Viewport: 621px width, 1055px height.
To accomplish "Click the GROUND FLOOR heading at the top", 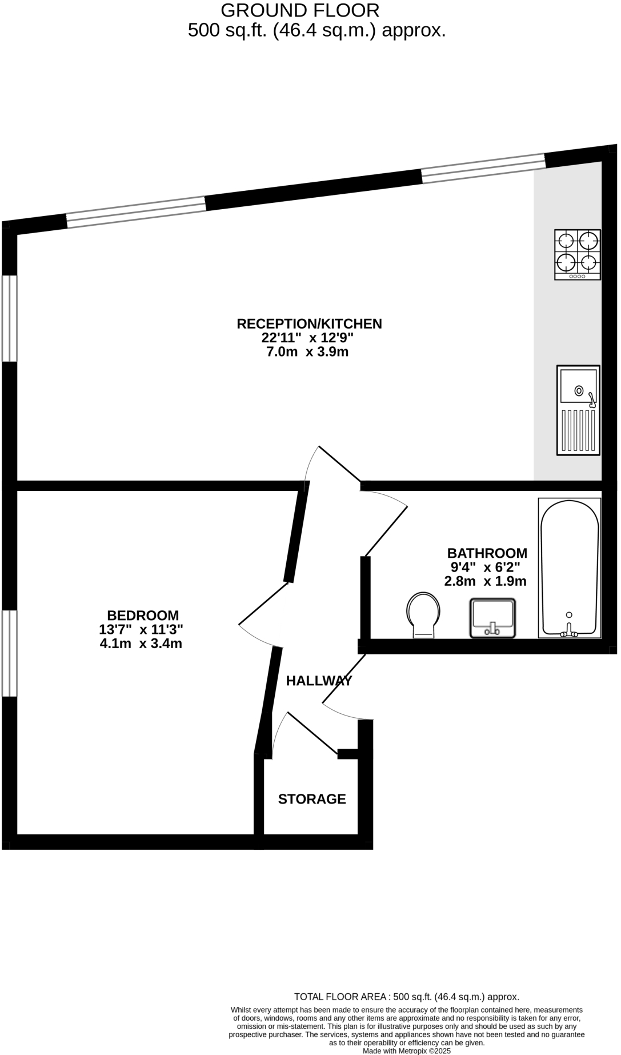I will pyautogui.click(x=299, y=10).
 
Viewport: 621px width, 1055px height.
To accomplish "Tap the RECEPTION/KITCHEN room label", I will pyautogui.click(x=309, y=323).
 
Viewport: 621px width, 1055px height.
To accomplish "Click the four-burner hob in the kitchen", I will pyautogui.click(x=577, y=254).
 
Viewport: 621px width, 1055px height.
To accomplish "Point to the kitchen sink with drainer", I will pyautogui.click(x=578, y=410).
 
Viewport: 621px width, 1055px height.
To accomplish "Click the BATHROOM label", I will pyautogui.click(x=487, y=553).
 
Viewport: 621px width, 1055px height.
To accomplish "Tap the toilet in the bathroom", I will pyautogui.click(x=423, y=615).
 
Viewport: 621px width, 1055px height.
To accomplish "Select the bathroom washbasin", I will pyautogui.click(x=492, y=618).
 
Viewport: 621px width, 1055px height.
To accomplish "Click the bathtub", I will pyautogui.click(x=570, y=568).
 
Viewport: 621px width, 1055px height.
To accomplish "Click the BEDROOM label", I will pyautogui.click(x=143, y=616).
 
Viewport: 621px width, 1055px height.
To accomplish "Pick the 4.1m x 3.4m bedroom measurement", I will pyautogui.click(x=141, y=644).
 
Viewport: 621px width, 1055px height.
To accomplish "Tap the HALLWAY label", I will pyautogui.click(x=319, y=681).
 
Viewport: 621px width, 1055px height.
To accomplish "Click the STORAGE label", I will pyautogui.click(x=312, y=799).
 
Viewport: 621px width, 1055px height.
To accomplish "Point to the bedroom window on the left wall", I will pyautogui.click(x=9, y=653).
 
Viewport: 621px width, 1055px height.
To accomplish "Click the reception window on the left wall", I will pyautogui.click(x=9, y=318).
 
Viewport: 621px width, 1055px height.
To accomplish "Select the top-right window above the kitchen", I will pyautogui.click(x=483, y=168).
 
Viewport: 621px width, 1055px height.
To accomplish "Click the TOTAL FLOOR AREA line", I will pyautogui.click(x=406, y=997).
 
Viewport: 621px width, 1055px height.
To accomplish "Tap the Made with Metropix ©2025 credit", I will pyautogui.click(x=406, y=1050).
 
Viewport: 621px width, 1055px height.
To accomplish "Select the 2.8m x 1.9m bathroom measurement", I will pyautogui.click(x=485, y=582).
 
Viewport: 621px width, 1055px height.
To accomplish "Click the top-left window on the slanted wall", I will pyautogui.click(x=136, y=212).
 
